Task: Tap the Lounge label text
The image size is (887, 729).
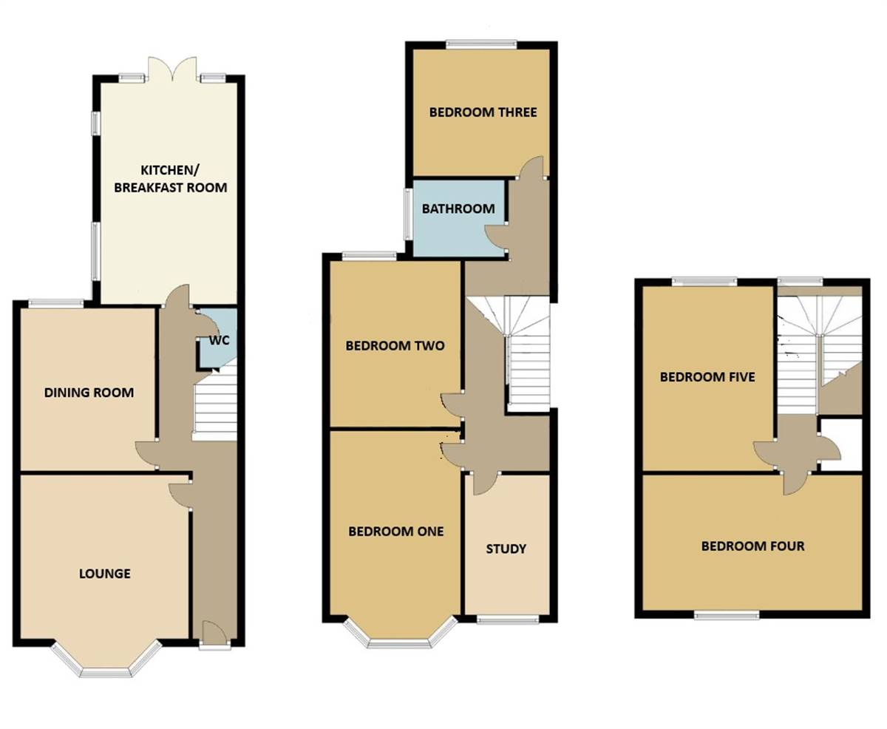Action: [105, 573]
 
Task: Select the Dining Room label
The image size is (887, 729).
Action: [89, 392]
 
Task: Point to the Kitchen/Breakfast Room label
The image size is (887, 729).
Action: [170, 179]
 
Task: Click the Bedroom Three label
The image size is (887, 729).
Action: [483, 112]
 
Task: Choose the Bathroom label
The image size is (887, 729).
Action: [458, 208]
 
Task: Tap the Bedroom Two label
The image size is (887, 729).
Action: [395, 345]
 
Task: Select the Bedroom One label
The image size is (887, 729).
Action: [396, 531]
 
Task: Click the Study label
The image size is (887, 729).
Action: [506, 549]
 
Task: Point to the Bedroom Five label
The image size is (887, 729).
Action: [707, 376]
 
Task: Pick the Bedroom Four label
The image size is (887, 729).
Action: [752, 546]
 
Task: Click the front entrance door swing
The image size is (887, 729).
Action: [214, 631]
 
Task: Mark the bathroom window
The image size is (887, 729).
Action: [408, 214]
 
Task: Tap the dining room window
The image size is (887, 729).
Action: [56, 302]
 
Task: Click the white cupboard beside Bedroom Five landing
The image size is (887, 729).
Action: [842, 443]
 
